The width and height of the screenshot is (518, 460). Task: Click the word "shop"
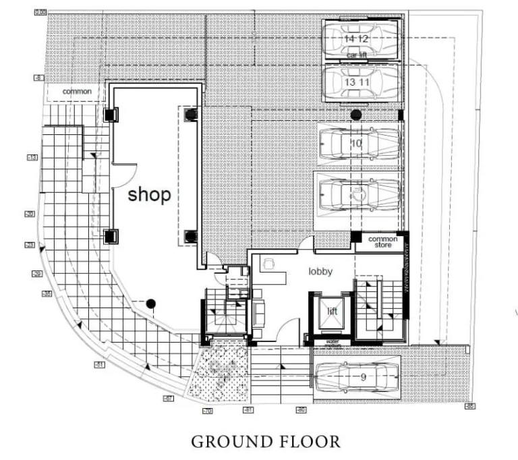click(150, 195)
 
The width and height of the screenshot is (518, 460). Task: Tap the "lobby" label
click(322, 271)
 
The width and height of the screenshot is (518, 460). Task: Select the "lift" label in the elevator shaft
click(332, 312)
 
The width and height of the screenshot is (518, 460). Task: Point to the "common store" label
click(382, 242)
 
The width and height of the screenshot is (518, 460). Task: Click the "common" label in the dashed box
click(77, 91)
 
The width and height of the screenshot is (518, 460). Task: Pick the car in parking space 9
click(356, 378)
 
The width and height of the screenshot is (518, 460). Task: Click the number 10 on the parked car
click(357, 143)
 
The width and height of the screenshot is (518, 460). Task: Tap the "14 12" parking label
click(357, 39)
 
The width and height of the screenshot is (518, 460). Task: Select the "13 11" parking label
click(357, 81)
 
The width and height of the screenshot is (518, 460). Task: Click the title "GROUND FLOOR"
click(265, 442)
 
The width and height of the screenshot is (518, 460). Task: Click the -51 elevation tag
click(99, 365)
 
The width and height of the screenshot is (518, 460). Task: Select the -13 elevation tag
click(32, 157)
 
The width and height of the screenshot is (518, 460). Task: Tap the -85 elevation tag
click(469, 406)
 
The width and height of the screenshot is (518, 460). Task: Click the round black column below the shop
click(151, 304)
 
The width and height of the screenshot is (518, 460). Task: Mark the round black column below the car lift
click(355, 115)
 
